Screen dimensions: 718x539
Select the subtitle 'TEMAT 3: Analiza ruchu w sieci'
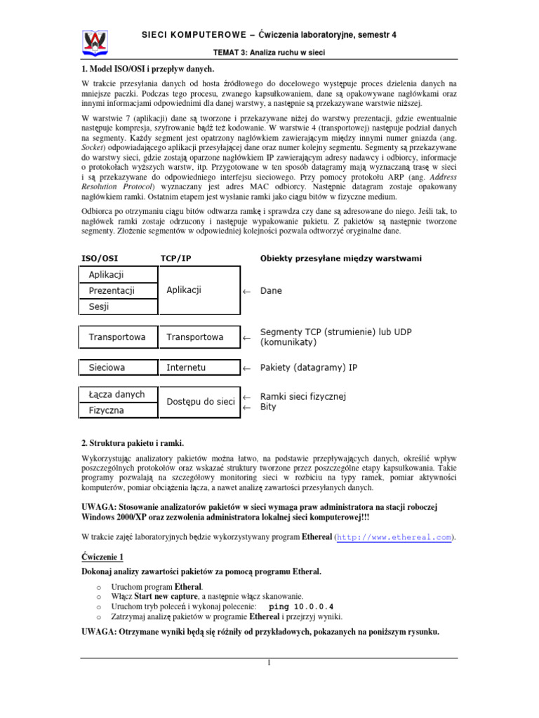(x=269, y=53)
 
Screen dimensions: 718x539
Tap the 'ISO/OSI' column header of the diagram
(x=100, y=258)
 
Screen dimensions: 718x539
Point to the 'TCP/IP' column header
(x=175, y=258)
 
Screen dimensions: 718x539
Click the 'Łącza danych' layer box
(x=116, y=394)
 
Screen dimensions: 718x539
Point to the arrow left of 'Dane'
(x=246, y=291)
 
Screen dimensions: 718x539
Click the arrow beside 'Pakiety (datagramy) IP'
(x=246, y=367)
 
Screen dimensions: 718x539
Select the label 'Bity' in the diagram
(x=268, y=407)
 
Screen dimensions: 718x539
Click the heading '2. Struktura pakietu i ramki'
(x=133, y=443)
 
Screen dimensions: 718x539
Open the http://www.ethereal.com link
(x=394, y=537)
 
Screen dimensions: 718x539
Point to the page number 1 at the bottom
(x=269, y=663)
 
